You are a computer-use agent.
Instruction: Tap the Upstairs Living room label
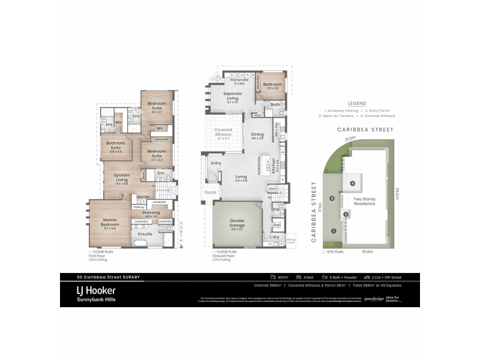point(122,177)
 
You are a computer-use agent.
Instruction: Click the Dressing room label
point(150,214)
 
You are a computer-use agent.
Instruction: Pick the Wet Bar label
point(143,197)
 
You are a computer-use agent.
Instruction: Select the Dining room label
point(257,136)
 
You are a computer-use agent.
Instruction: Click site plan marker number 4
point(353,183)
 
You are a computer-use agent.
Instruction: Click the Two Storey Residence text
point(364,201)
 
